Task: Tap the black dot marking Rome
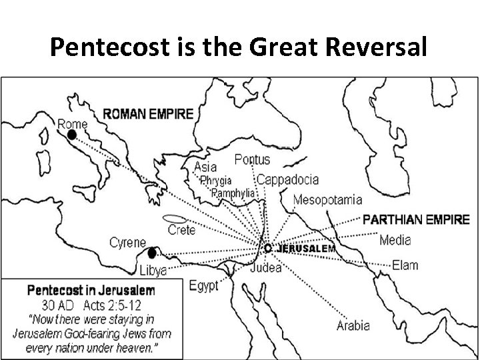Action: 72,135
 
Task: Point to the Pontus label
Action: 252,159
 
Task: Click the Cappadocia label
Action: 287,179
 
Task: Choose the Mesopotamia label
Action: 327,199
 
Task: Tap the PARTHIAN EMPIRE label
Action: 415,219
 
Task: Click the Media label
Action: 395,240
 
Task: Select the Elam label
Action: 405,265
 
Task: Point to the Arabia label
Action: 353,326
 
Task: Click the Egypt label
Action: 203,286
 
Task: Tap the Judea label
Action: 265,269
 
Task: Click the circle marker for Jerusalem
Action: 268,248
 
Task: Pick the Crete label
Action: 181,230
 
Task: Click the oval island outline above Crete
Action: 175,218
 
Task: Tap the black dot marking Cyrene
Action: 152,253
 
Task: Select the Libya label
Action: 153,271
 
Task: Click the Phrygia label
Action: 216,181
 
